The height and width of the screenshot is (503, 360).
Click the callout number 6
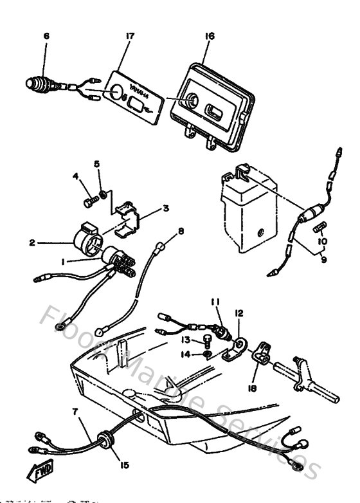tap(46, 37)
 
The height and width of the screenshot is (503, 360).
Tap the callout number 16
tap(209, 37)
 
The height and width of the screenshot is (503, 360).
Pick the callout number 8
tap(181, 231)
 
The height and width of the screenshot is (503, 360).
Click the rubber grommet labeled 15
tap(102, 440)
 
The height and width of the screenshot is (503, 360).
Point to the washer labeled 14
tap(206, 354)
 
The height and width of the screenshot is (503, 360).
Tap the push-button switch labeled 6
tap(39, 84)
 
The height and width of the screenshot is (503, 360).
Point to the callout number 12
tap(239, 313)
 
